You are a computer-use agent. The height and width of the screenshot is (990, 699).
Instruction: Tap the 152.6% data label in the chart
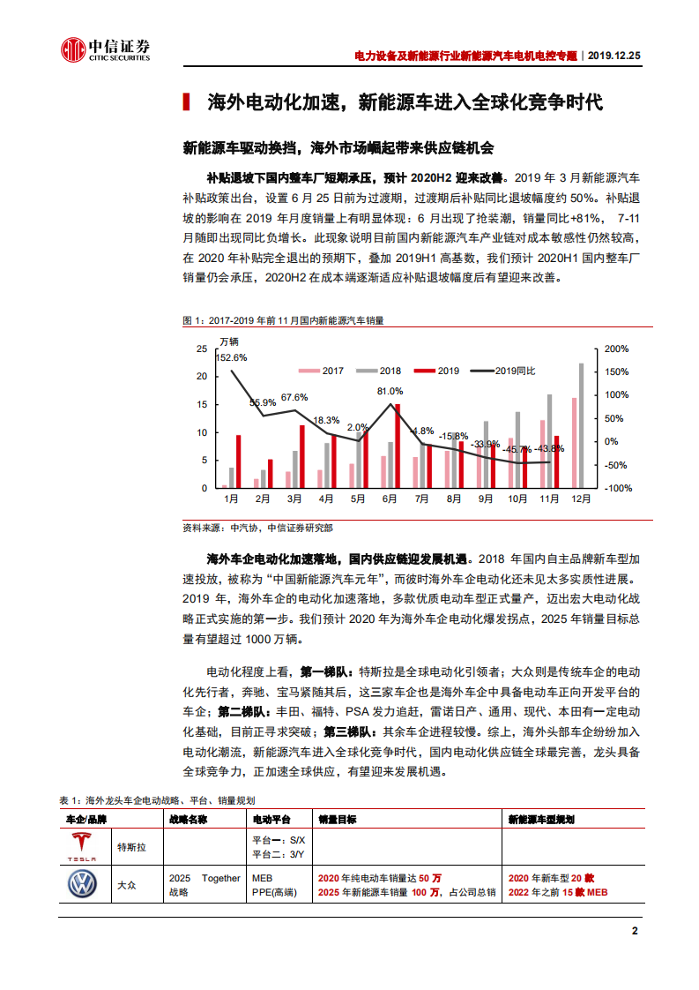[231, 357]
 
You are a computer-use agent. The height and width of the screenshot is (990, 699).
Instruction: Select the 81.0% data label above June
[390, 391]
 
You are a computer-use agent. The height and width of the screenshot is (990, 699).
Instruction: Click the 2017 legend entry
[323, 371]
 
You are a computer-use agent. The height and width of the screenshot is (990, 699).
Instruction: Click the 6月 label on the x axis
[390, 499]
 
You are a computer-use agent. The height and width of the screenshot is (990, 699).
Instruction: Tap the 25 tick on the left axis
[202, 349]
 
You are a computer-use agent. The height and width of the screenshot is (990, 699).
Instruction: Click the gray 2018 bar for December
[581, 425]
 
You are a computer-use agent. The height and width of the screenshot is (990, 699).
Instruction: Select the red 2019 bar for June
[398, 446]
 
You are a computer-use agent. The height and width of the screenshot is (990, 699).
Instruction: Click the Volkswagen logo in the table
[84, 884]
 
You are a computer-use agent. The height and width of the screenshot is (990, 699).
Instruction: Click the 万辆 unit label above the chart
[228, 341]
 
